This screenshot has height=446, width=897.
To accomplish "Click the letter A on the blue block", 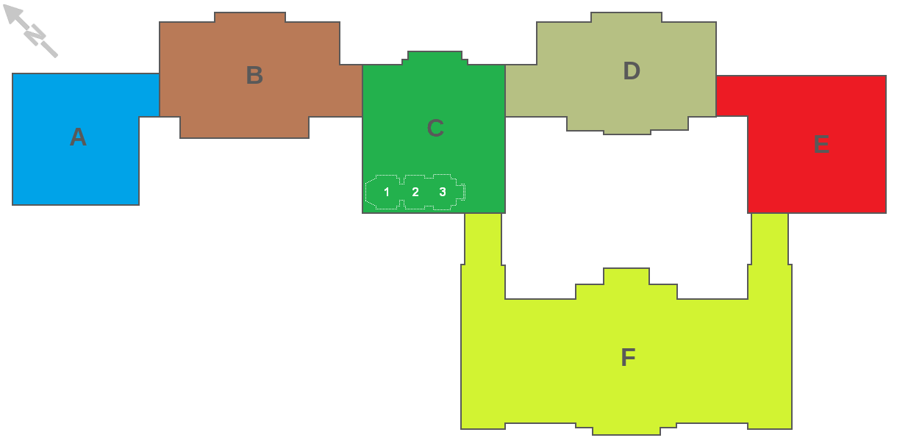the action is pos(78,137).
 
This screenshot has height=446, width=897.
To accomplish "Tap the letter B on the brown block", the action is pos(254,75).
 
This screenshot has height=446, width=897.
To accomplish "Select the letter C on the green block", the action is pos(435,128).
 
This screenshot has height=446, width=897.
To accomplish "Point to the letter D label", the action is pos(632,71).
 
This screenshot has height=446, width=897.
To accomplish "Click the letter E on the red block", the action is pos(821,144).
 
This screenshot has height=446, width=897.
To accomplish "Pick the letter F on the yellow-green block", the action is pos(628,357).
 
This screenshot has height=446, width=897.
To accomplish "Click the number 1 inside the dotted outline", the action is pos(387,193).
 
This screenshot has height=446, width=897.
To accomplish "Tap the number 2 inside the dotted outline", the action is pos(415,193).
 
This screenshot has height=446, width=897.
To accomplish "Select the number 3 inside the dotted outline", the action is pos(443,193).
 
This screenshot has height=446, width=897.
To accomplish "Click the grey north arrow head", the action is pos(12,15).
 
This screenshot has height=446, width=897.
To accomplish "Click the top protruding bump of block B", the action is pos(250,17).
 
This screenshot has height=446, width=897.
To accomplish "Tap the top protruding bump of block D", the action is pos(626,17).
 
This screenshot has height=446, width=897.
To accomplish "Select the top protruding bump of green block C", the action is pos(435,57).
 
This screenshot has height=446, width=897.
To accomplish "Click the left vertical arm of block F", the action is pos(483,256).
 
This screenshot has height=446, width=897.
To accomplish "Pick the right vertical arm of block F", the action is pos(770,256).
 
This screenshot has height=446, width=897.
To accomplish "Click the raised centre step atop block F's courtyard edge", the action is pos(626,276).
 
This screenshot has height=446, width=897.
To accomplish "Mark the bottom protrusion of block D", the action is pos(627,126).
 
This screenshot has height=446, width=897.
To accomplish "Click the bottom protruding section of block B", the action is pos(244,128).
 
